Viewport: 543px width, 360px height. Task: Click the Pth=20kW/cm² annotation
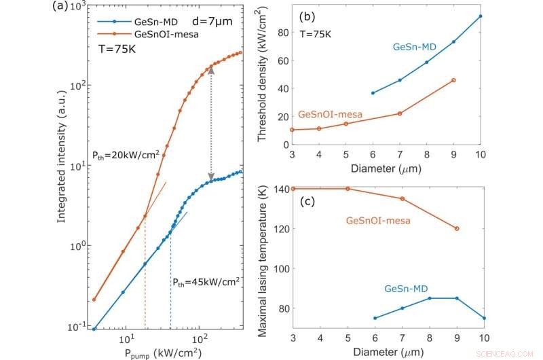pos(126,154)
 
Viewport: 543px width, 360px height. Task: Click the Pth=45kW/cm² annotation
pos(205,281)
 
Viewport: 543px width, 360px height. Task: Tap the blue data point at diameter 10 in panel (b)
pos(481,16)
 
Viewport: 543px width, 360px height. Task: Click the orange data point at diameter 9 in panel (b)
pos(453,80)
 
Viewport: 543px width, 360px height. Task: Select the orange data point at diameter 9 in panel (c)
pos(457,228)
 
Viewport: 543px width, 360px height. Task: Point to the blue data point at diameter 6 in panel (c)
pos(375,318)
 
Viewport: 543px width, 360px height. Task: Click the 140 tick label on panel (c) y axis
pos(278,189)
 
